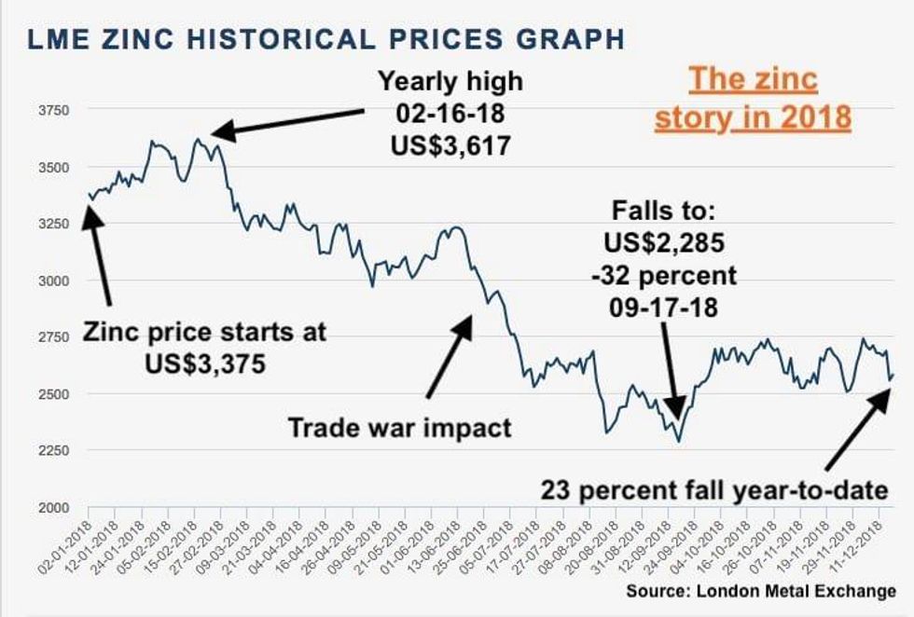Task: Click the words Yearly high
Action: (450, 81)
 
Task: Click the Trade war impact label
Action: (399, 428)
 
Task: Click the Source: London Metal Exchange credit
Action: (760, 591)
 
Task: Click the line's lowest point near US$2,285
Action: (679, 440)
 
